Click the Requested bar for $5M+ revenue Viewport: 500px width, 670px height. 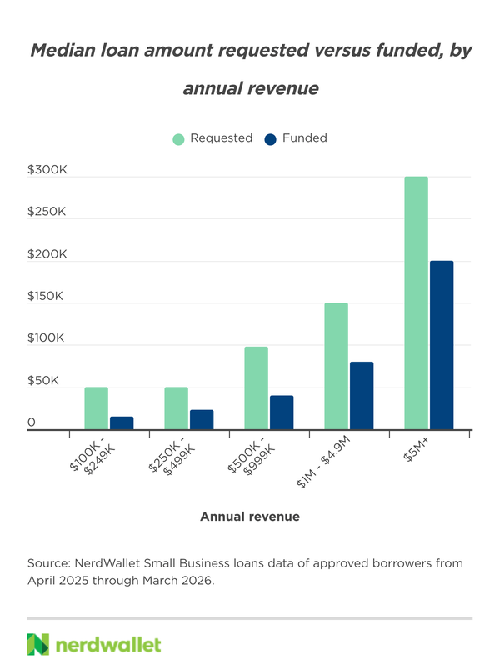(x=416, y=303)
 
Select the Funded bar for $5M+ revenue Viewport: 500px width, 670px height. (x=442, y=345)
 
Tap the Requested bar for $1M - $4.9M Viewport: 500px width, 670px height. (x=337, y=366)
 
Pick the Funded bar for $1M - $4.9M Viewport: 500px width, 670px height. (x=362, y=396)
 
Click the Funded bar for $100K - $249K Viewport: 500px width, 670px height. (x=122, y=423)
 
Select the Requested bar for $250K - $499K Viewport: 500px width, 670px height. (x=176, y=408)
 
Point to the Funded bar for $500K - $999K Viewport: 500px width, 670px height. (x=282, y=412)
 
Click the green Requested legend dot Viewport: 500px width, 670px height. (x=178, y=139)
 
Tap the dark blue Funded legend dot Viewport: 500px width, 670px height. (x=271, y=139)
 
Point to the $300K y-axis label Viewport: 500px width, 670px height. (x=47, y=170)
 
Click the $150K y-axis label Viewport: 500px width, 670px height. (x=45, y=296)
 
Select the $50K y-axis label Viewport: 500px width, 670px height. (x=43, y=380)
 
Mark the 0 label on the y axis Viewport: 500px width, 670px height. (x=31, y=422)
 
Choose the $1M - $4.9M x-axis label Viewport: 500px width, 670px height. (x=323, y=462)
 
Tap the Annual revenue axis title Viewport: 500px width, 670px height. (x=250, y=517)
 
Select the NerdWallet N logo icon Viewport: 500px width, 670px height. (x=38, y=644)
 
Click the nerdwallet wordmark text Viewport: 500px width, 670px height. (x=108, y=645)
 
